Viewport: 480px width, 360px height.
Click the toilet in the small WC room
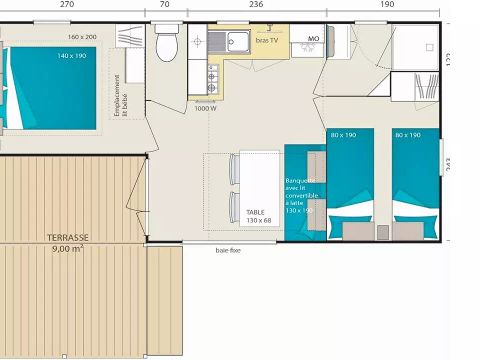tap(167, 46)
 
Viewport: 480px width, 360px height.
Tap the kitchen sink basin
tap(237, 42)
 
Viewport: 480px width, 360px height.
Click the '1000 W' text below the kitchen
tap(206, 108)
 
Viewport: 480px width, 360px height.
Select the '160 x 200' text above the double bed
tap(83, 37)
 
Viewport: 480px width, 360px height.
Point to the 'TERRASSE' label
tap(66, 238)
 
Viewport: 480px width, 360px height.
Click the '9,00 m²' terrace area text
tap(66, 249)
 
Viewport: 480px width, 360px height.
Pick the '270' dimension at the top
tap(66, 5)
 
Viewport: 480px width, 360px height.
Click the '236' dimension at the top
tap(256, 5)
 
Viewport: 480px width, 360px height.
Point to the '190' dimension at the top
tap(387, 5)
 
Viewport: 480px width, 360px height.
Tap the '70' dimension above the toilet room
tap(164, 5)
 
